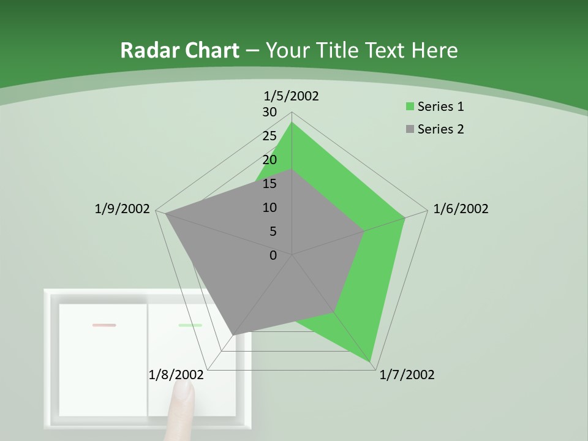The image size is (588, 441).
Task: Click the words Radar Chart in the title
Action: pos(179,50)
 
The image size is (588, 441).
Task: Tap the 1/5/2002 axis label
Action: pos(291,96)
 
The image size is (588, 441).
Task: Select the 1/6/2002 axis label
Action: pos(461,209)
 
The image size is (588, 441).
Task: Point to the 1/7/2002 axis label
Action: pos(407,375)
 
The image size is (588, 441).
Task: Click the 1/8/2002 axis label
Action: pos(176,375)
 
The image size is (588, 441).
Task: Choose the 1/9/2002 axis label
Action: pos(122,209)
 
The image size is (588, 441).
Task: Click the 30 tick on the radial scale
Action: pos(269,112)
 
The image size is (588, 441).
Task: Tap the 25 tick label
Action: pos(269,136)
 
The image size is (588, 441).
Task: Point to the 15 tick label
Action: pos(269,184)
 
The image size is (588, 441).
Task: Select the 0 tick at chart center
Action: pos(273,255)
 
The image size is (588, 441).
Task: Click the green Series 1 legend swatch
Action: pos(410,107)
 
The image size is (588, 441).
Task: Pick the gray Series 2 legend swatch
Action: pos(410,129)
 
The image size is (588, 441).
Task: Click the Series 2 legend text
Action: pos(440,129)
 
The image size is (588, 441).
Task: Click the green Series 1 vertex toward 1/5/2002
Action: pos(292,123)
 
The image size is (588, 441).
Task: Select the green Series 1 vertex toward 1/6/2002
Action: pos(405,217)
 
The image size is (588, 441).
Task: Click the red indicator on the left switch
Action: pos(104,325)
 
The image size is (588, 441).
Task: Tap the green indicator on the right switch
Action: pos(190,325)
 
